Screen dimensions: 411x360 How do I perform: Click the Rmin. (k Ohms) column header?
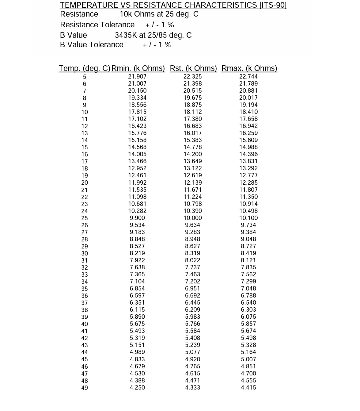coord(138,68)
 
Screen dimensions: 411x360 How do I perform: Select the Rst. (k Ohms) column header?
coord(193,68)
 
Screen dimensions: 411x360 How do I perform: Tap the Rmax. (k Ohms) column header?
coord(249,68)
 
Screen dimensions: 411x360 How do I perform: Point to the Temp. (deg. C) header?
coord(84,68)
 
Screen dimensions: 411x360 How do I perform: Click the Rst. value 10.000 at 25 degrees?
coord(193,218)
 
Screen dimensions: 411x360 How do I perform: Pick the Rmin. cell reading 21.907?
coord(137,76)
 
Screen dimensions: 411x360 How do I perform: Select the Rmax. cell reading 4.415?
coord(248,387)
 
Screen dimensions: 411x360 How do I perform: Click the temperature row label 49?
coord(85,388)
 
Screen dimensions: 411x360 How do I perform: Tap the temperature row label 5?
coord(85,77)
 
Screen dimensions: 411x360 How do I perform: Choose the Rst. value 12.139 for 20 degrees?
coord(193,182)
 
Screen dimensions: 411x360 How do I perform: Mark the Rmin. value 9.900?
coord(137,218)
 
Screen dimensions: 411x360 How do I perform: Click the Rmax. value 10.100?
coord(248,218)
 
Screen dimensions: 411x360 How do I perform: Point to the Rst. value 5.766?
coord(193,324)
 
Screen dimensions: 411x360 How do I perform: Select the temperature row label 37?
coord(85,303)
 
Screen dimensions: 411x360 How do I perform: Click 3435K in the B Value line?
coord(126,35)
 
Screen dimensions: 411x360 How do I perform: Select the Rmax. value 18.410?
coord(248,112)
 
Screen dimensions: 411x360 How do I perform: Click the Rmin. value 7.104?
coord(137,281)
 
